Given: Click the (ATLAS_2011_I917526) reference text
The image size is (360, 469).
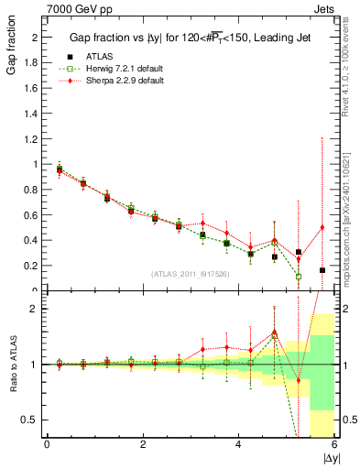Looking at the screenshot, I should pos(191,275).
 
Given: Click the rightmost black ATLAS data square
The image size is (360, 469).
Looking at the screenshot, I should pos(322,270).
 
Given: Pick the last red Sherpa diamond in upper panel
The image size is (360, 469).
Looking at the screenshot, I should pos(322,227).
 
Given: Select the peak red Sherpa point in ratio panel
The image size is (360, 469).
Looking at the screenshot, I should pos(274,332).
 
